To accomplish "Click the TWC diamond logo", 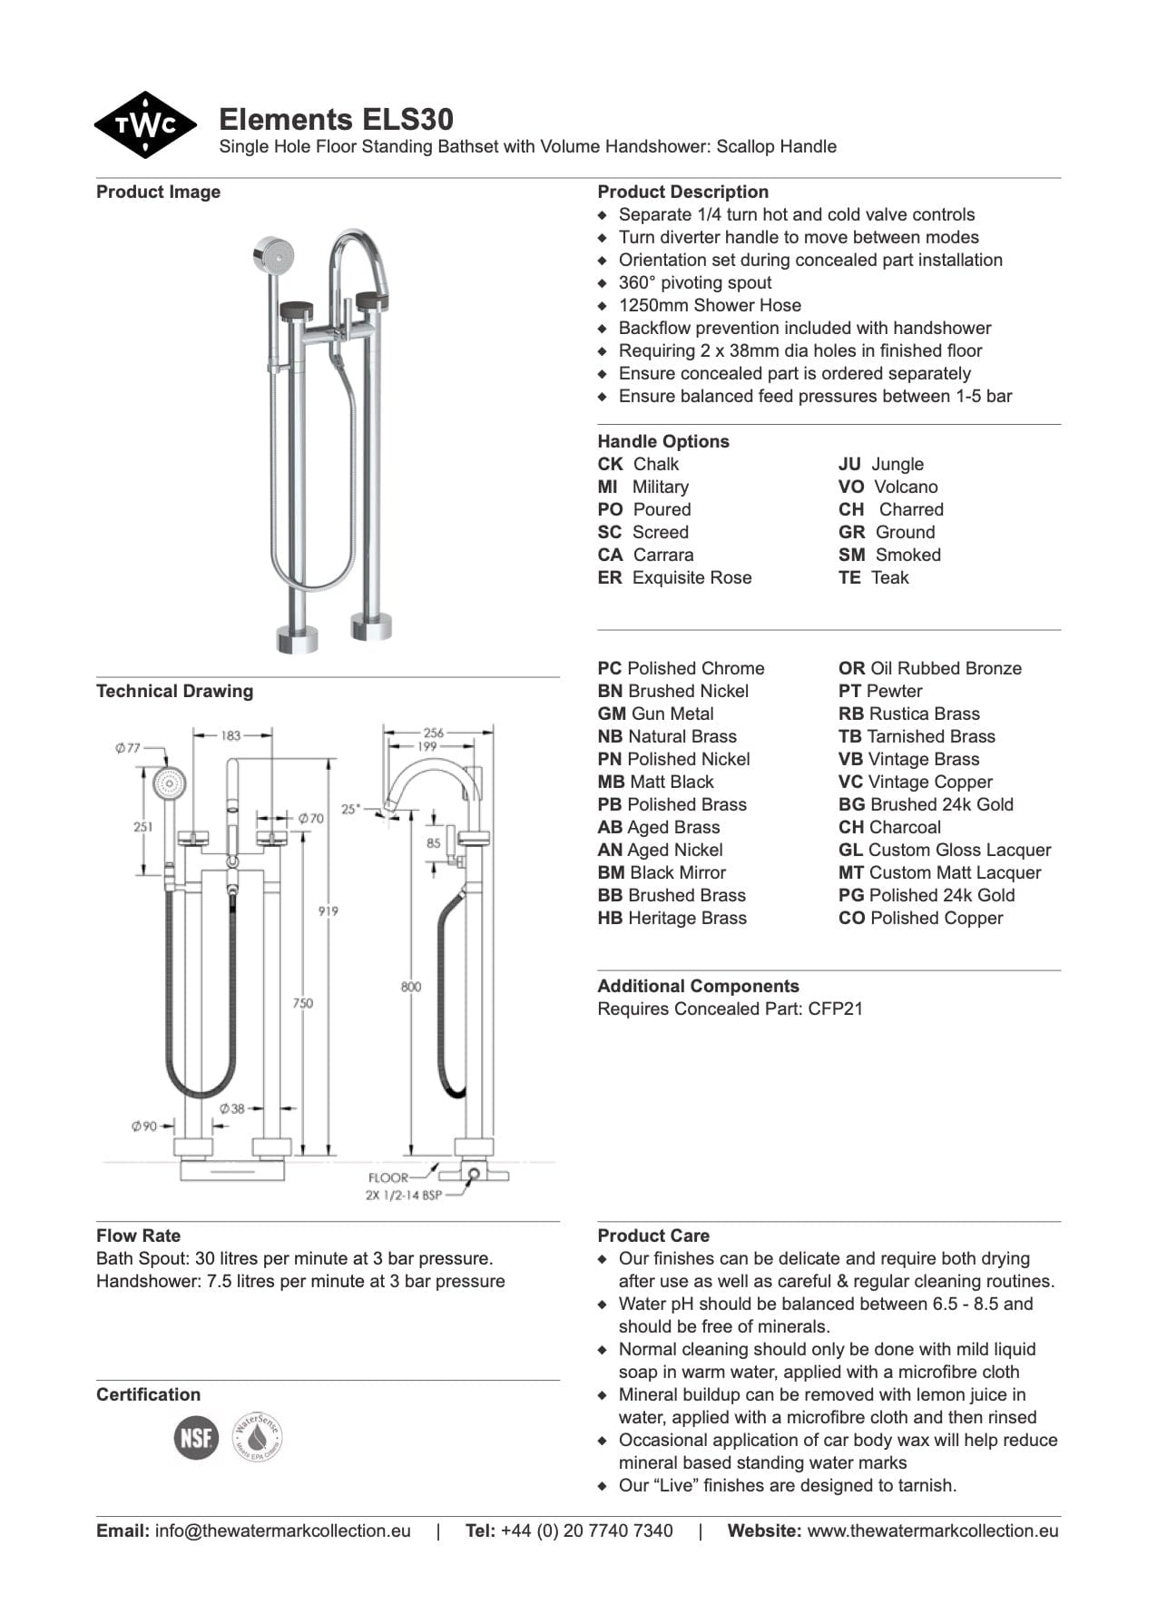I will coord(145,125).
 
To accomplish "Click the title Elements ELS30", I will coord(336,120).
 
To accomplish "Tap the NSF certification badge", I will coord(196,1438).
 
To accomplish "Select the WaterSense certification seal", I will coord(258,1437).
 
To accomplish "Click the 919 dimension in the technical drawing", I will coord(328,910).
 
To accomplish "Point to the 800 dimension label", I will coord(410,986).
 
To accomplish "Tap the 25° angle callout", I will coord(350,808).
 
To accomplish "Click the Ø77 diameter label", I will coord(128,748).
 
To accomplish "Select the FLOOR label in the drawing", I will coord(387,1177).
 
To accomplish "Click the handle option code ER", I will coord(609,577).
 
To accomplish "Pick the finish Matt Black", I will coord(670,782).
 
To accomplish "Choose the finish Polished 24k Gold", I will coord(941,895).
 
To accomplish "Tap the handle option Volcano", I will coord(905,487).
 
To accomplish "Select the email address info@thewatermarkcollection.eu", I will coord(282,1530).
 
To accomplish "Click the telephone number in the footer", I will coord(586,1530).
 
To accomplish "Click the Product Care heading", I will coord(653,1235).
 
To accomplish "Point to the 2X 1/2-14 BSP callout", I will coord(403,1195).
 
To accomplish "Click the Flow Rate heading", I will coord(138,1235).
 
